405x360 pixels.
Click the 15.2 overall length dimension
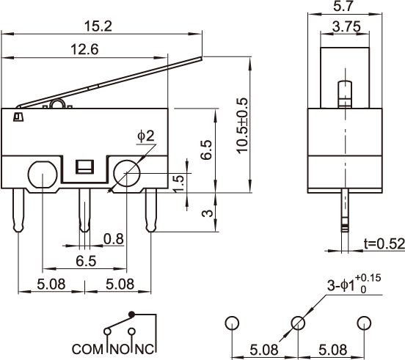coord(98,26)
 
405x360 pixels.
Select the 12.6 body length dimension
coord(84,49)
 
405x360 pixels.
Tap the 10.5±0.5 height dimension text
coord(242,125)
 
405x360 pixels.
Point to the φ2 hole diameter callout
coord(146,136)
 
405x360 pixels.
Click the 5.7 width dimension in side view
coord(343,6)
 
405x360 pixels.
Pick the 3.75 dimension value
coord(346,26)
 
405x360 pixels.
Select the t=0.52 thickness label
coord(384,243)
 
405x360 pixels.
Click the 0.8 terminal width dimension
coord(114,239)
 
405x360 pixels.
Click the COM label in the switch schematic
coord(87,349)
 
